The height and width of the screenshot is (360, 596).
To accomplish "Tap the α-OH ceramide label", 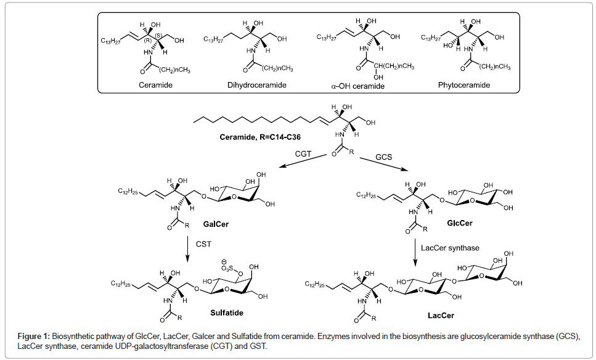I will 357,86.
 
